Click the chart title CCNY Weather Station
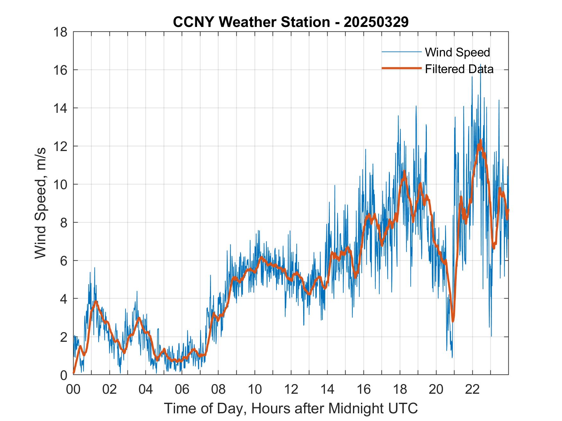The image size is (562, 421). point(291,22)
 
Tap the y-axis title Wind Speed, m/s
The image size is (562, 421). point(41,203)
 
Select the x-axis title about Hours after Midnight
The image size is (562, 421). point(291,408)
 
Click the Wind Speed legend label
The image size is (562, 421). point(457,52)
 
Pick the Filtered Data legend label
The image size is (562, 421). point(459,69)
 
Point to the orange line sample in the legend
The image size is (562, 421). point(401,68)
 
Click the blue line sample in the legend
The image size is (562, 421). point(401,52)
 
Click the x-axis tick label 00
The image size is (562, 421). point(73,389)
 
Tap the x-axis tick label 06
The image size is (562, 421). point(182,389)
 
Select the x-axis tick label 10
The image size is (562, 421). point(255,389)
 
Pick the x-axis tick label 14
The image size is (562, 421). point(327,389)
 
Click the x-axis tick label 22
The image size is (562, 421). point(472,389)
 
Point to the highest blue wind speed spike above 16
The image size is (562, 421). point(480,65)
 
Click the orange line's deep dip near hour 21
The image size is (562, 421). point(453,321)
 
